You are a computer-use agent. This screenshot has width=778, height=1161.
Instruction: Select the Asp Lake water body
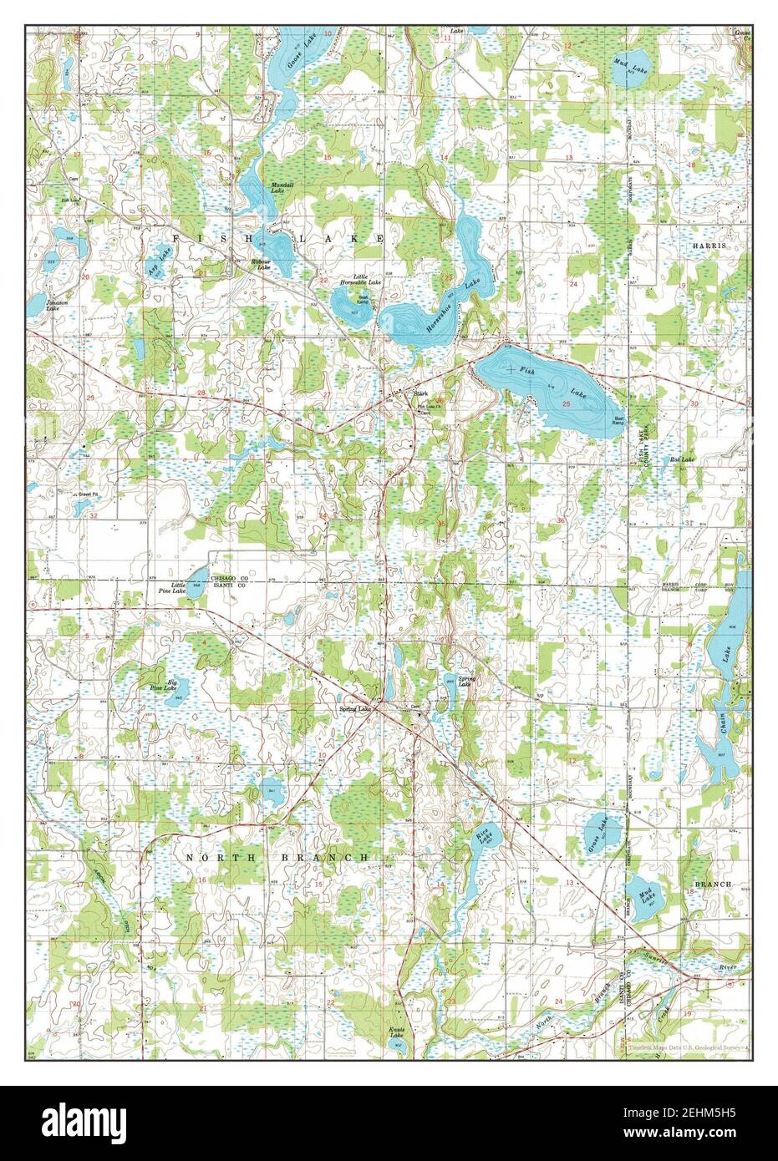pyautogui.click(x=157, y=266)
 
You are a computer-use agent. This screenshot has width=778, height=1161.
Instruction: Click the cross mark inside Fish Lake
pyautogui.click(x=510, y=368)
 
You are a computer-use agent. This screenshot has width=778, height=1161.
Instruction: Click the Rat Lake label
pyautogui.click(x=680, y=460)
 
